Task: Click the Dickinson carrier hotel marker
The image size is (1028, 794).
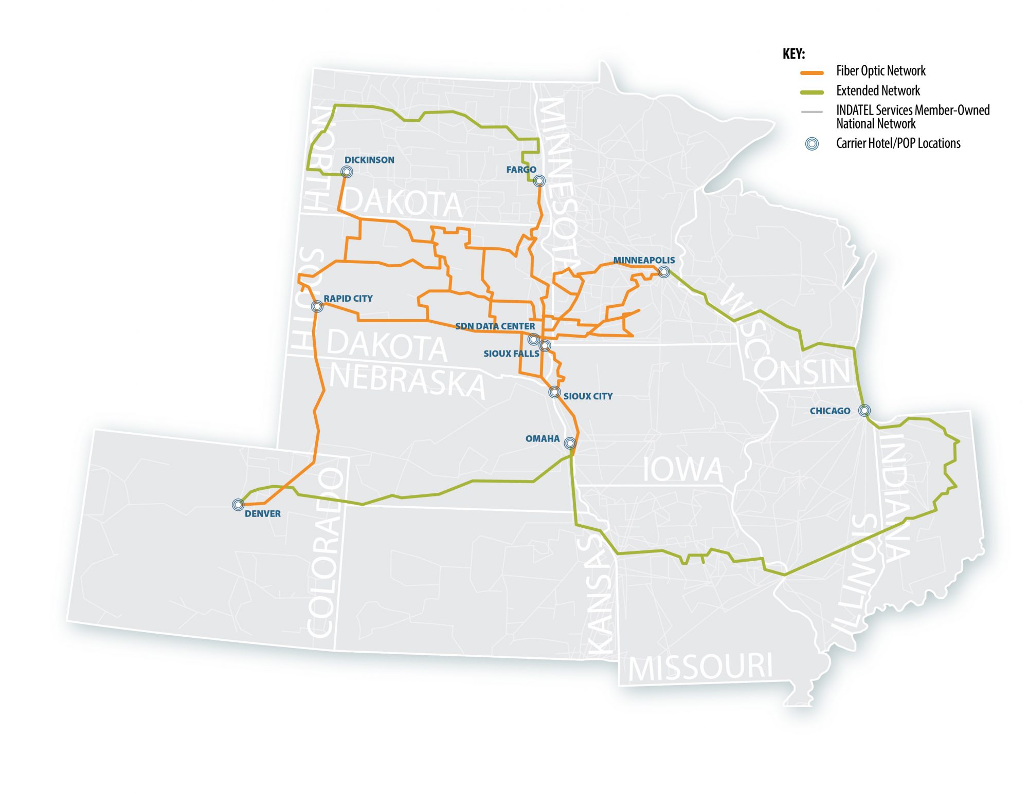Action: point(347,172)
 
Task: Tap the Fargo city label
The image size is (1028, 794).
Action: point(520,170)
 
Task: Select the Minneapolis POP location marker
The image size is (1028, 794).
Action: point(664,271)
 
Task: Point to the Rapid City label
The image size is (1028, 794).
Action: point(348,299)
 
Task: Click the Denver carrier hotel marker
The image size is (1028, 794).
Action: point(238,505)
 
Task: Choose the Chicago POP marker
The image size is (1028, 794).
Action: point(864,410)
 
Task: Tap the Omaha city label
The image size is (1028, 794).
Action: point(542,438)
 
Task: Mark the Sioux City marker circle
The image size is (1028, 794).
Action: point(554,392)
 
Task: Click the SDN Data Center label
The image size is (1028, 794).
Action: point(495,326)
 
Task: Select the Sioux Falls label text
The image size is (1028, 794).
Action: point(511,354)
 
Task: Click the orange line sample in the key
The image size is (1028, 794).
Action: point(812,73)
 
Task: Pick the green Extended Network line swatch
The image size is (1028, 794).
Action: point(812,93)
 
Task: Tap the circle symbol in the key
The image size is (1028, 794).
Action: point(812,144)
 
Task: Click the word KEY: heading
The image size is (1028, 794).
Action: point(793,54)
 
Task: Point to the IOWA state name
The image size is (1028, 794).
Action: point(682,469)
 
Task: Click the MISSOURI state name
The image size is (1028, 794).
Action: point(700,667)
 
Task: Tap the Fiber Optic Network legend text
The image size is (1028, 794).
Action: point(880,71)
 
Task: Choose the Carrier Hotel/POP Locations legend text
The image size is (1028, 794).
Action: point(898,143)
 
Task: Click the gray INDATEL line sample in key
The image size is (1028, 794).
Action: point(812,112)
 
